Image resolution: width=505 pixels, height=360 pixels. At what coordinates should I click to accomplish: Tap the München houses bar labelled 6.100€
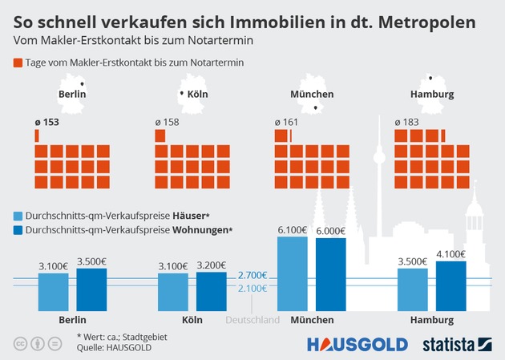tap(293, 273)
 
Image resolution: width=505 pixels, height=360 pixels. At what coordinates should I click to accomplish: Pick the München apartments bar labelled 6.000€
tap(332, 274)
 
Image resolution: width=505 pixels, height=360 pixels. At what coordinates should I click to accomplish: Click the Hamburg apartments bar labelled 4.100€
tap(451, 286)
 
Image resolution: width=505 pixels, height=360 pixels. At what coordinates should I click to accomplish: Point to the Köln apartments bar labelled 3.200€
tap(212, 291)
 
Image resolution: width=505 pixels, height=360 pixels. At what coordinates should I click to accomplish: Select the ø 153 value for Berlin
tap(47, 123)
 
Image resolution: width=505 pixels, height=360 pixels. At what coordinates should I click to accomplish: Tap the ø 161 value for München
tap(287, 123)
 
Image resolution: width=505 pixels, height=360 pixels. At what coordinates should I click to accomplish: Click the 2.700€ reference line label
tap(252, 277)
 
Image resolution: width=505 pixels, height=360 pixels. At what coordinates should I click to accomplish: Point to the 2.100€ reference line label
tap(252, 289)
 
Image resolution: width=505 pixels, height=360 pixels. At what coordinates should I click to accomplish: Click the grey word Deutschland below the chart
tap(252, 319)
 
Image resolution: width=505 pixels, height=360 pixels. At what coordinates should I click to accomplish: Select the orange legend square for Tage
tap(18, 62)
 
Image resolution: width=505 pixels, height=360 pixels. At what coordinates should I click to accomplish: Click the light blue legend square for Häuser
tap(18, 216)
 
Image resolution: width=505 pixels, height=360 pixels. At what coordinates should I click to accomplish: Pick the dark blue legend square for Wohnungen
tap(18, 229)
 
